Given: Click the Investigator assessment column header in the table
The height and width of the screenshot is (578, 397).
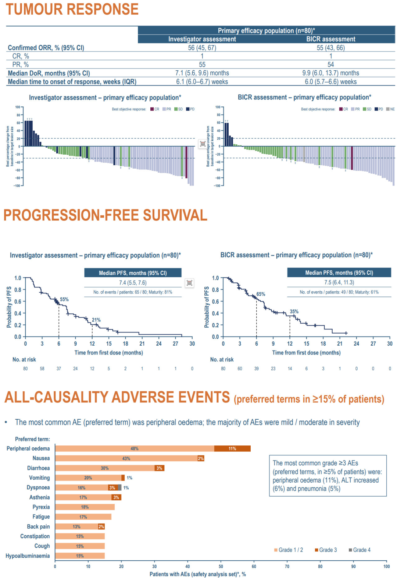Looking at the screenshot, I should point(202,39).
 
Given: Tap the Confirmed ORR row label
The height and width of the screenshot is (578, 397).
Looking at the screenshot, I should point(46,48).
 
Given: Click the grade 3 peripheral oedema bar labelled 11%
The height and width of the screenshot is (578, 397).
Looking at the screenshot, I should point(232,448).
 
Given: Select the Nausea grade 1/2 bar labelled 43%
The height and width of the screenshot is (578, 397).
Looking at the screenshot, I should point(126,458).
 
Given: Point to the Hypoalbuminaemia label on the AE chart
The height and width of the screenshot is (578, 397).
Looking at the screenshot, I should point(28,556).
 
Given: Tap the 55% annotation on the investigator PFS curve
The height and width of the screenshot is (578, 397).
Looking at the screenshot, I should point(64,300).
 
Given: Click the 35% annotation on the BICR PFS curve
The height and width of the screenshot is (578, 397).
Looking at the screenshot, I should point(294,311).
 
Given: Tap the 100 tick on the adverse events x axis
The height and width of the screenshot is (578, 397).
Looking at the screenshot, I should point(386,567).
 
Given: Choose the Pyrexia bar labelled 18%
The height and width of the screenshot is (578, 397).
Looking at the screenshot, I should point(85,507).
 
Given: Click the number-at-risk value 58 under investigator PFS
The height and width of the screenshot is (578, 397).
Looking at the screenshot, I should point(42,369).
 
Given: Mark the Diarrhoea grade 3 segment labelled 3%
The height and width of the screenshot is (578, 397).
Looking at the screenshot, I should point(159,468).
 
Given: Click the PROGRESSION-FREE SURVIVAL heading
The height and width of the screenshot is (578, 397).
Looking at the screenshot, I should point(105,215).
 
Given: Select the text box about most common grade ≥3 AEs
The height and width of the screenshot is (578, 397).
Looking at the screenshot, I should point(328,476).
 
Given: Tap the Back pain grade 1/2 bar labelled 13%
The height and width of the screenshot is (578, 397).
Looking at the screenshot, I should point(76,527).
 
